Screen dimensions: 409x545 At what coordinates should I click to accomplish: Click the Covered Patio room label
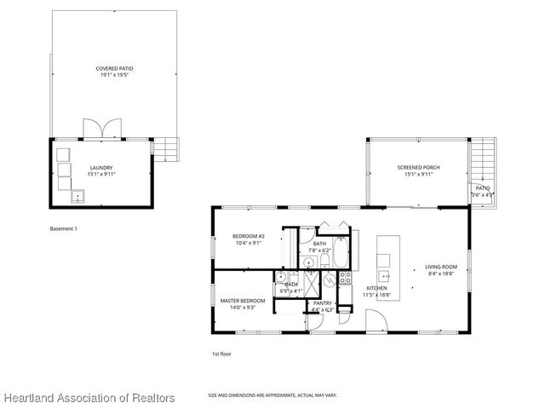pyautogui.click(x=114, y=67)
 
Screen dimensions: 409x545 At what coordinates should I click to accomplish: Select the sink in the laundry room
pyautogui.click(x=78, y=197)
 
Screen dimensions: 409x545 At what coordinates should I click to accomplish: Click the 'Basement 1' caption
pyautogui.click(x=64, y=228)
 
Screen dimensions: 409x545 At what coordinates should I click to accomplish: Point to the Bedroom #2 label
pyautogui.click(x=249, y=236)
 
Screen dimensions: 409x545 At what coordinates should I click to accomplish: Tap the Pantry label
pyautogui.click(x=322, y=302)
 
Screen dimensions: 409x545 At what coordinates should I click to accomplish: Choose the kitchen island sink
pyautogui.click(x=384, y=275)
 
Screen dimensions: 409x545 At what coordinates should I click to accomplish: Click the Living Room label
pyautogui.click(x=441, y=267)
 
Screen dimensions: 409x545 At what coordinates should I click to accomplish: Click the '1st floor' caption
pyautogui.click(x=221, y=354)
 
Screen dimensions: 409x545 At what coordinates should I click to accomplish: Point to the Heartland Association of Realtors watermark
pyautogui.click(x=89, y=398)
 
